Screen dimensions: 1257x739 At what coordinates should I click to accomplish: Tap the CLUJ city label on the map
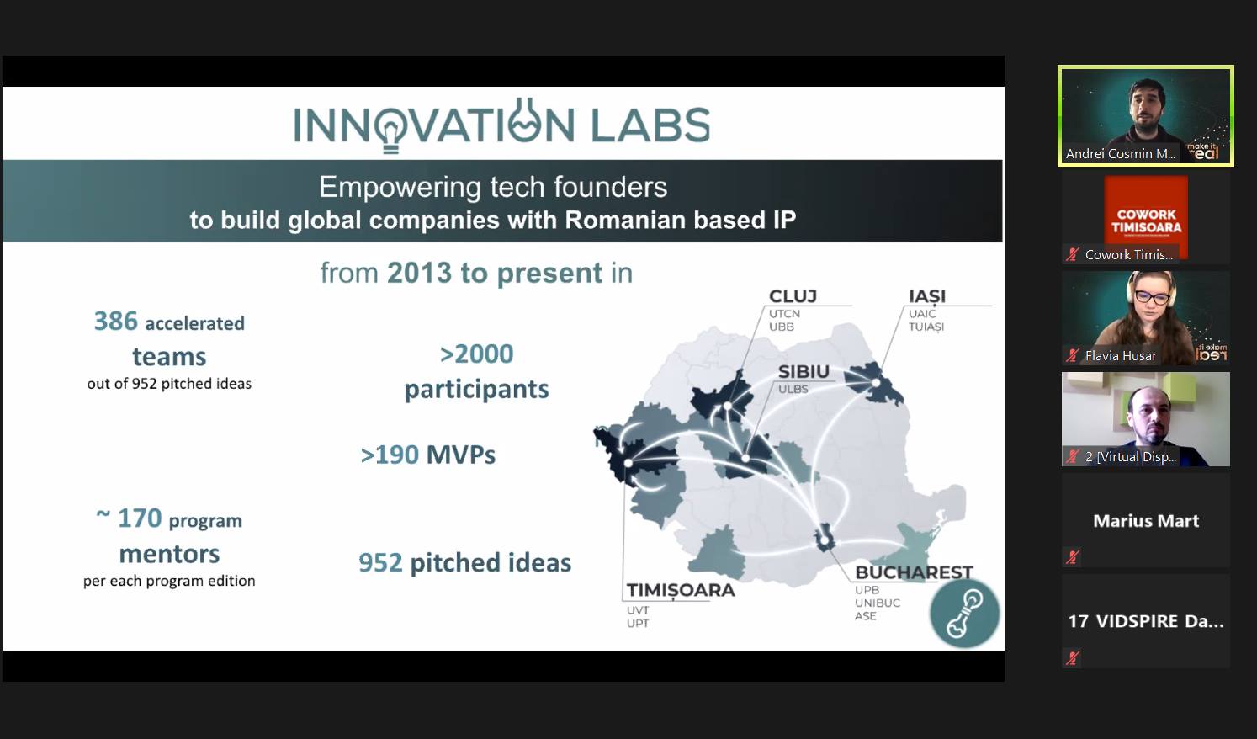pyautogui.click(x=793, y=296)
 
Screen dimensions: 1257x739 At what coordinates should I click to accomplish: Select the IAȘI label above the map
pyautogui.click(x=927, y=296)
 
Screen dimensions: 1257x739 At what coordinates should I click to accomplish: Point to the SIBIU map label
pyautogui.click(x=804, y=371)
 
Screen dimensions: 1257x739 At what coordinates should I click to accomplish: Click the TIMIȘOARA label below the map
pyautogui.click(x=681, y=590)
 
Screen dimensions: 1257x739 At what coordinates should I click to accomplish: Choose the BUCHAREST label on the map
pyautogui.click(x=914, y=572)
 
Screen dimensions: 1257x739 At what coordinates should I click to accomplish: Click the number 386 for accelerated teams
pyautogui.click(x=115, y=322)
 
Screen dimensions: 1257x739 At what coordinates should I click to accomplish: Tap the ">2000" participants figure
pyautogui.click(x=476, y=354)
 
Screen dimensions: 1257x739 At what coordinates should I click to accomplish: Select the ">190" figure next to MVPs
pyautogui.click(x=390, y=455)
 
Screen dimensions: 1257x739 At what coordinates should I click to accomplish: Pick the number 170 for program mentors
pyautogui.click(x=140, y=518)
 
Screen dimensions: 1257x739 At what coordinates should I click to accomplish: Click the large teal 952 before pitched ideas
pyautogui.click(x=380, y=563)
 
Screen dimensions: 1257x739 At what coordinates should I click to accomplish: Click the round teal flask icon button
pyautogui.click(x=965, y=613)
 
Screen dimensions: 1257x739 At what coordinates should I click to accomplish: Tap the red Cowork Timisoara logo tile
pyautogui.click(x=1146, y=215)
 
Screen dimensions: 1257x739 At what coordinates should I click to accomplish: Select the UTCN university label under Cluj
pyautogui.click(x=784, y=313)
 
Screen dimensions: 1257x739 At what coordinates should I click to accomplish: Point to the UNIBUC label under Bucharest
pyautogui.click(x=878, y=603)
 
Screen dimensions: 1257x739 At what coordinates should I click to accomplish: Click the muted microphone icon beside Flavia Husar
pyautogui.click(x=1073, y=355)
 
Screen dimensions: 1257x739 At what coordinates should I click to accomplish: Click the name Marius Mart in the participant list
pyautogui.click(x=1146, y=520)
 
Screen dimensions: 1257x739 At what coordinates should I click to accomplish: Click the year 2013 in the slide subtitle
pyautogui.click(x=419, y=273)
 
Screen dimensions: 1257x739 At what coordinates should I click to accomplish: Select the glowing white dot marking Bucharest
pyautogui.click(x=824, y=540)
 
